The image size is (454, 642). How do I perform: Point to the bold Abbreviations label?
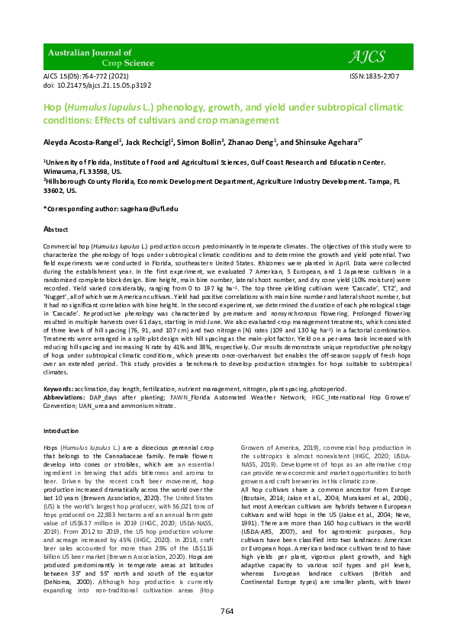(x=67, y=397)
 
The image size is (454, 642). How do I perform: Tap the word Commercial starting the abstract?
(x=60, y=249)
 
